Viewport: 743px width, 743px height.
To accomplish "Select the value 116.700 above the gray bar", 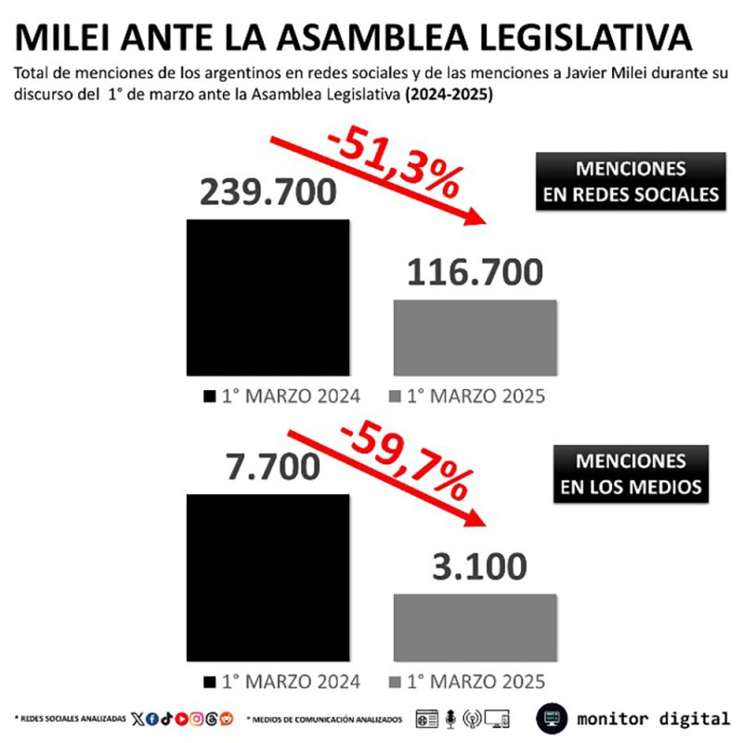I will [x=475, y=273].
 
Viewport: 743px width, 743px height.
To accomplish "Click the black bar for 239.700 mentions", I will [x=268, y=296].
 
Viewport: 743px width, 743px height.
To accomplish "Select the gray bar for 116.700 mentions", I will [x=476, y=336].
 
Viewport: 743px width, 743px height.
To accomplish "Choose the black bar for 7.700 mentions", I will [x=268, y=576].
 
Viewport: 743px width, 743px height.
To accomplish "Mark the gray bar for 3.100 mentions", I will [x=476, y=627].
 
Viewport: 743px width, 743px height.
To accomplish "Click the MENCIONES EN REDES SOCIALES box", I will [x=631, y=181].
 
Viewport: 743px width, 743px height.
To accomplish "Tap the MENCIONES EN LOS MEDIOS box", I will [x=631, y=474].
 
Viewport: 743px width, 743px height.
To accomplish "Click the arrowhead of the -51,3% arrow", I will [x=479, y=219].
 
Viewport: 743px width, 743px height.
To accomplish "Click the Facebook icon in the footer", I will [x=152, y=719].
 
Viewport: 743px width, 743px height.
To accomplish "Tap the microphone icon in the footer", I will [x=450, y=719].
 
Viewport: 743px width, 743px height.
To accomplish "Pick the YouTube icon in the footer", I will [x=182, y=719].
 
